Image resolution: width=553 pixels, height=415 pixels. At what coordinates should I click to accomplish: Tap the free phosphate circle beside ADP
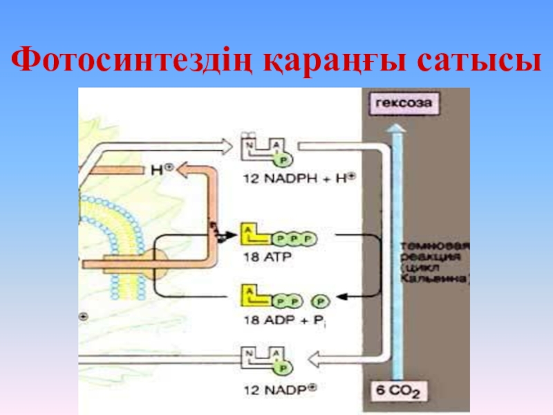[x=320, y=302]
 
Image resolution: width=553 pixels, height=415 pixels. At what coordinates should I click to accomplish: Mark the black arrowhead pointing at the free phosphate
[x=340, y=298]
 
